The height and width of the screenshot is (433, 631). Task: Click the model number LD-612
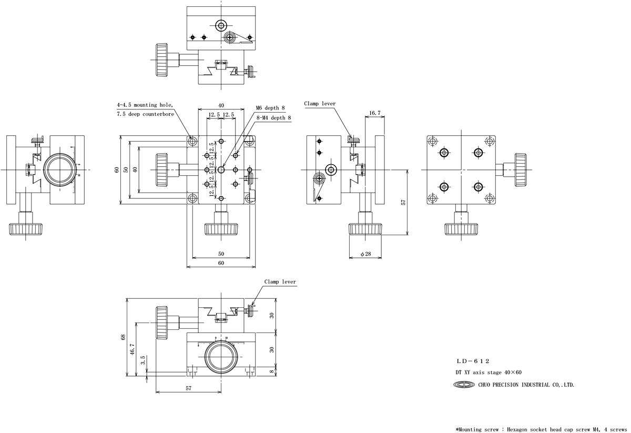(473, 361)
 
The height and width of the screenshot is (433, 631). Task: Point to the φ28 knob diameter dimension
(366, 255)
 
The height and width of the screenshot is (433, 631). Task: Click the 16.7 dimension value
(375, 113)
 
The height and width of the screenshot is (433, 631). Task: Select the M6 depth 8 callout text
(270, 108)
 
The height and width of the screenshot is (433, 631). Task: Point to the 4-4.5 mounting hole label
(145, 105)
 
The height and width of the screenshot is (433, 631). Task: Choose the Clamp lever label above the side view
(320, 104)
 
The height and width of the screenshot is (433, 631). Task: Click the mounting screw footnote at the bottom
(542, 429)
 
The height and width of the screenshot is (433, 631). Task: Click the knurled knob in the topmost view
(162, 59)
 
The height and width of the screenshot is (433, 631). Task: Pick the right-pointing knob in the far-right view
(521, 169)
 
